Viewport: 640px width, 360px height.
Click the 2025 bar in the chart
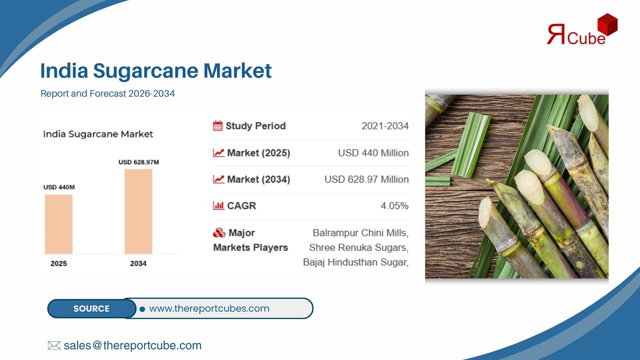pyautogui.click(x=59, y=224)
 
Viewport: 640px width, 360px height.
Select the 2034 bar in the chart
pyautogui.click(x=138, y=212)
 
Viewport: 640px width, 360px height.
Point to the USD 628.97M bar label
pyautogui.click(x=139, y=162)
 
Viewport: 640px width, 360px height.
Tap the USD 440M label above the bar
pyautogui.click(x=59, y=187)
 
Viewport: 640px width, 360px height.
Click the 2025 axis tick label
pyautogui.click(x=59, y=263)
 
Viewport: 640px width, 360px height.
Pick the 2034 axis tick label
pyautogui.click(x=138, y=263)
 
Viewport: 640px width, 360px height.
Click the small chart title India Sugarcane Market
pyautogui.click(x=98, y=134)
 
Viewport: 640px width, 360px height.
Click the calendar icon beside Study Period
pyautogui.click(x=218, y=126)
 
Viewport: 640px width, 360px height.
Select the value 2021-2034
pyautogui.click(x=385, y=126)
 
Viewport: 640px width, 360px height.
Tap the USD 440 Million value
pyautogui.click(x=373, y=153)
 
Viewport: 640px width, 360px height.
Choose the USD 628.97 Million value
pyautogui.click(x=367, y=179)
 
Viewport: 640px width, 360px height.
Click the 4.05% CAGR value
pyautogui.click(x=395, y=206)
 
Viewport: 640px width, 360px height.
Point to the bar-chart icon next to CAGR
pyautogui.click(x=218, y=205)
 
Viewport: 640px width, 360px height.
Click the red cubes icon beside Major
pyautogui.click(x=219, y=233)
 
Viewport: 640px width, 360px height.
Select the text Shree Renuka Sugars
pyautogui.click(x=358, y=247)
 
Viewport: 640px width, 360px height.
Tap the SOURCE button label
pyautogui.click(x=91, y=309)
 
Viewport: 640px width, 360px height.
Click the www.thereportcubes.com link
pyautogui.click(x=209, y=308)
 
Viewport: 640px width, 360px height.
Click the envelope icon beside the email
pyautogui.click(x=54, y=345)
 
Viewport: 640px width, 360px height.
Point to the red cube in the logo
pyautogui.click(x=608, y=24)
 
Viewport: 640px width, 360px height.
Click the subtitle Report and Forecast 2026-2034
pyautogui.click(x=108, y=94)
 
